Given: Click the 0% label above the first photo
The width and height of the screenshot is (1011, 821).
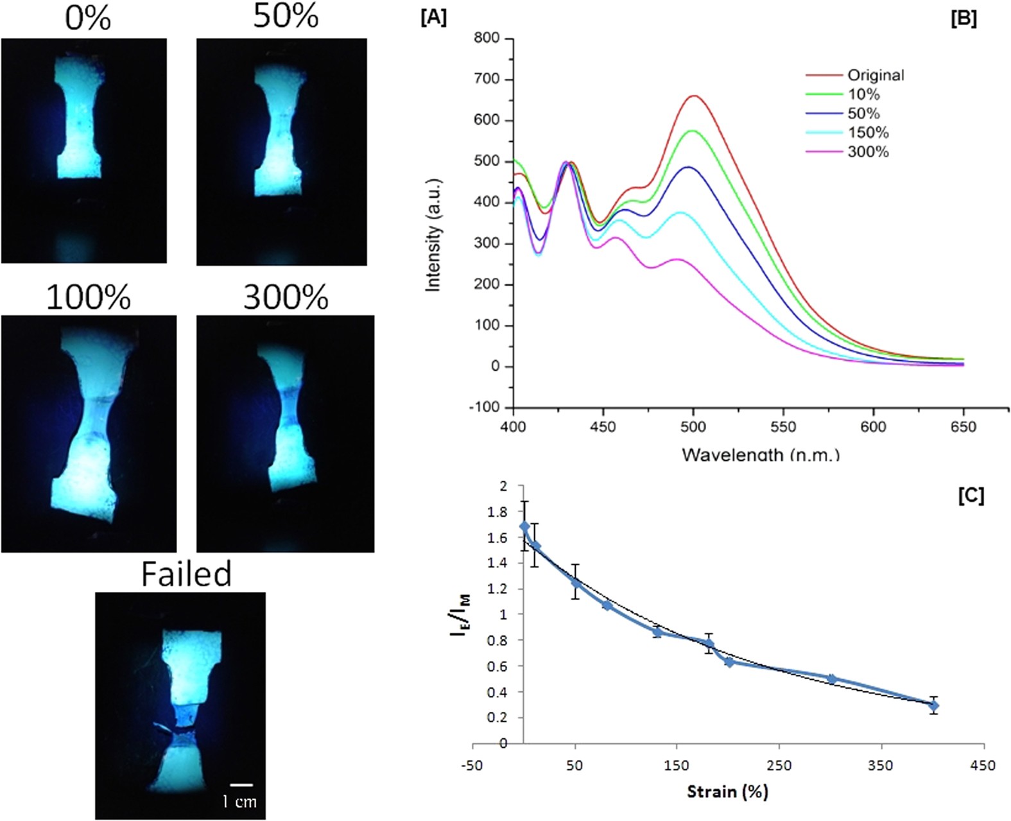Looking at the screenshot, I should coord(88,18).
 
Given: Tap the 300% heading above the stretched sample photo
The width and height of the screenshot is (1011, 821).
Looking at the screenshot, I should coord(286,297).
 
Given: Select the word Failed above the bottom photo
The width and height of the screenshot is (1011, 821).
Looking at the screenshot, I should coord(186,573).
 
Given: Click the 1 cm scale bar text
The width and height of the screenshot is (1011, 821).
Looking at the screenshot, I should coord(239,801).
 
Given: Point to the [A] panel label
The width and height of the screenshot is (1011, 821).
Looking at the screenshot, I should coord(433,18).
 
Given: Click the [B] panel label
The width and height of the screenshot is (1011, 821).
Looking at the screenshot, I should coord(963,19).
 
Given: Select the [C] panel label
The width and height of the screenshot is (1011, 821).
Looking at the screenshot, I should coord(971,496).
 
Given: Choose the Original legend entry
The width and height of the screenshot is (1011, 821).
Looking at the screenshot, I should coord(876,75).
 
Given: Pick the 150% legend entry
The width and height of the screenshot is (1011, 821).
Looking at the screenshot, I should coord(868,133).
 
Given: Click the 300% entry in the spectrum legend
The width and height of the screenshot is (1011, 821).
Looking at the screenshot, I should coord(868,152).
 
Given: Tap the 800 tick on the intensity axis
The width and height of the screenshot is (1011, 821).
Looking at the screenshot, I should coord(487,39).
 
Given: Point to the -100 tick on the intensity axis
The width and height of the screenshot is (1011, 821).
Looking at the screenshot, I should coord(485,408).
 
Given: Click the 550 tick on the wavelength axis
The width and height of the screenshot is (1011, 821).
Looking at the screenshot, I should coord(783,427).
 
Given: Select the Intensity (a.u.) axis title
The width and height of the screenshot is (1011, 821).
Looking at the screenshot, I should coord(434,235).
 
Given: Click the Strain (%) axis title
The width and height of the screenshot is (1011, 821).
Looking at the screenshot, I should coord(727,791).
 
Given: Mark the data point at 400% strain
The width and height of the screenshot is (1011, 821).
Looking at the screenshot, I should coord(934,705).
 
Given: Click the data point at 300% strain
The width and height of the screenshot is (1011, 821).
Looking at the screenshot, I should coord(832,678).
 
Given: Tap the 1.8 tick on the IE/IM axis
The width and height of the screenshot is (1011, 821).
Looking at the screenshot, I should coord(498,512).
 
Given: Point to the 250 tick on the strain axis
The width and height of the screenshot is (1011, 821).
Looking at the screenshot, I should coord(779,765).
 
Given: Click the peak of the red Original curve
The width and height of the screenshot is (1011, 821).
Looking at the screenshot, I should coord(694,96).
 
